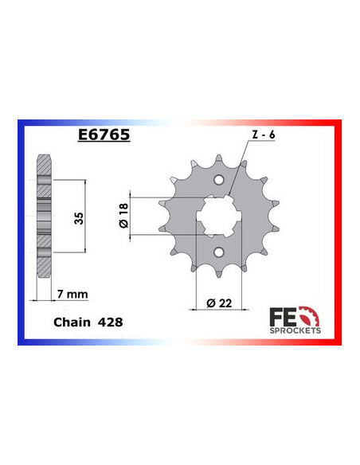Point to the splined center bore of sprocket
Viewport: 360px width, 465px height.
[x=220, y=216]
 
